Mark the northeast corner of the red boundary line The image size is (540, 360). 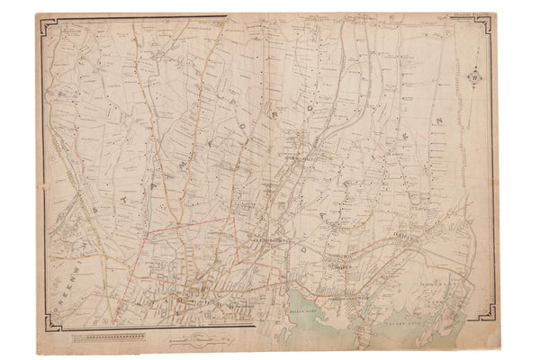pyautogui.click(x=236, y=216)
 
